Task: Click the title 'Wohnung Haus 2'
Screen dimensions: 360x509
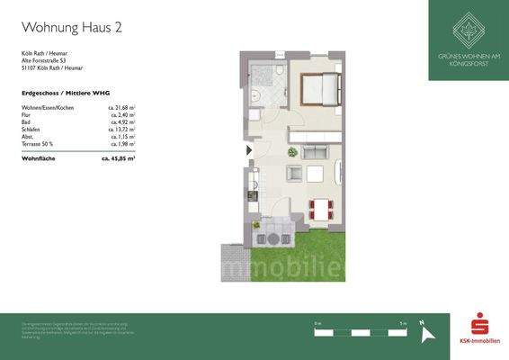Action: point(71,28)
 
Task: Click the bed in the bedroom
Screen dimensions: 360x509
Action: point(320,90)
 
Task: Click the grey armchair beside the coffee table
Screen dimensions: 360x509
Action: point(292,175)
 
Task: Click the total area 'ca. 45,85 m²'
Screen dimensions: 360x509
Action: point(117,158)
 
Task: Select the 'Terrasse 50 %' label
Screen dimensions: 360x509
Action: point(38,144)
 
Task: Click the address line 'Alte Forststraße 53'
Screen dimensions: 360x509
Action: point(41,59)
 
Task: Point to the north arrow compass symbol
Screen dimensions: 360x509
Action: point(429,332)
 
